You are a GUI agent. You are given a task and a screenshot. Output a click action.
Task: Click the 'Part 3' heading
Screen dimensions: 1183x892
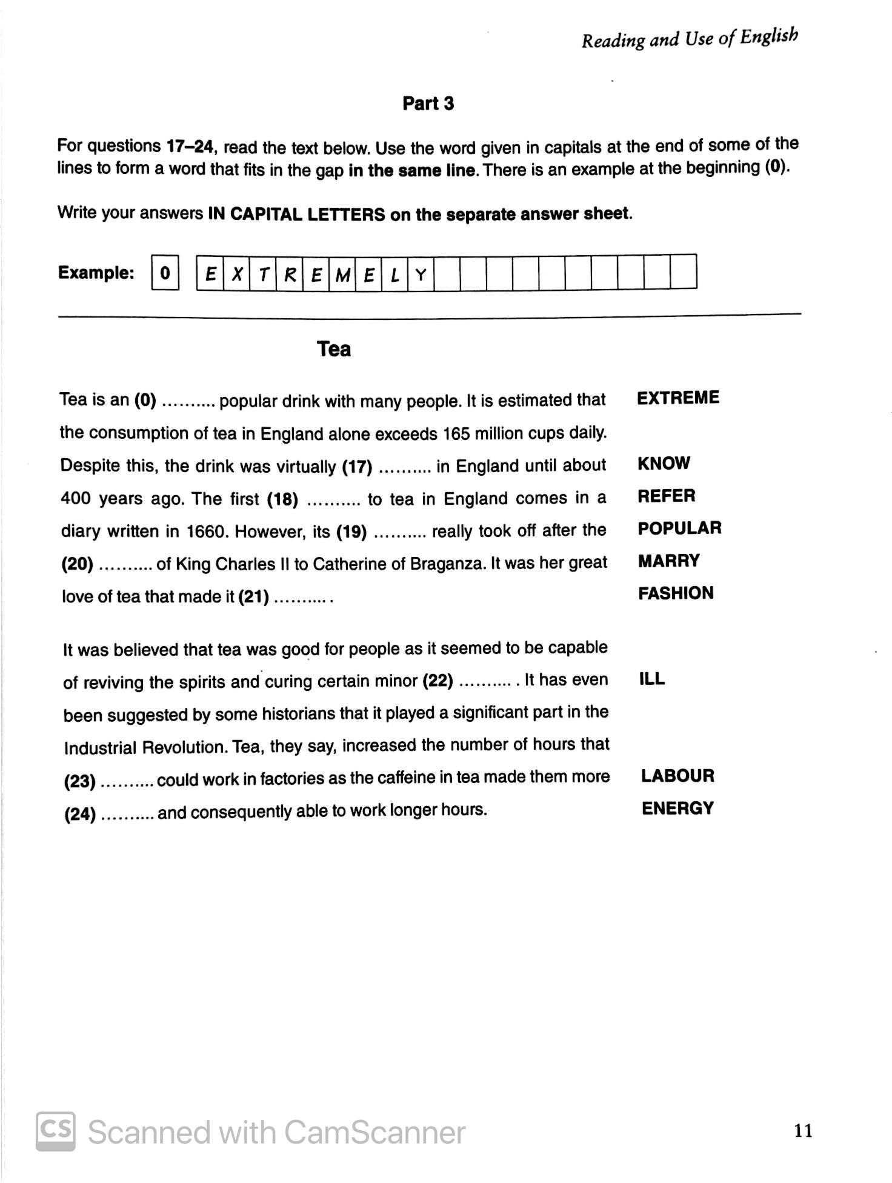pyautogui.click(x=428, y=104)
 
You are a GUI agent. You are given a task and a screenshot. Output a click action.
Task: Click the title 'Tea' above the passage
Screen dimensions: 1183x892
pyautogui.click(x=334, y=349)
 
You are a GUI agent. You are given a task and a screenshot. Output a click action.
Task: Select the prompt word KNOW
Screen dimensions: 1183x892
pyautogui.click(x=664, y=464)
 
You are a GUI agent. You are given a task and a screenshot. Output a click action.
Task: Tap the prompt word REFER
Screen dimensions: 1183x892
pyautogui.click(x=666, y=496)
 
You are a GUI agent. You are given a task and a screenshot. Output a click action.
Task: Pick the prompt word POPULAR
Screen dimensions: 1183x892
pyautogui.click(x=679, y=528)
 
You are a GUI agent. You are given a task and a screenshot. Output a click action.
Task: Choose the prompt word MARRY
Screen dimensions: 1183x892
pyautogui.click(x=668, y=561)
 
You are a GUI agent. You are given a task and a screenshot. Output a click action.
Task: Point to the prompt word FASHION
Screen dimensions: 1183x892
pyautogui.click(x=676, y=593)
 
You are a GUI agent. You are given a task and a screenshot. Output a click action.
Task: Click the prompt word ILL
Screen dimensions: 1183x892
pyautogui.click(x=652, y=679)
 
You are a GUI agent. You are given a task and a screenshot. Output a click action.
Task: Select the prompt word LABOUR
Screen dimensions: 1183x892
pyautogui.click(x=677, y=776)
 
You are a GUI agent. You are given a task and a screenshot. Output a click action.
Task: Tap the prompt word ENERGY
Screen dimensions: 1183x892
pyautogui.click(x=677, y=808)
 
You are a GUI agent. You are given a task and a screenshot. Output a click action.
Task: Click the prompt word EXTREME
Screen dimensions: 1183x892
pyautogui.click(x=678, y=398)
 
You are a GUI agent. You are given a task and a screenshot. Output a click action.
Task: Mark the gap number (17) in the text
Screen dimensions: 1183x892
pyautogui.click(x=357, y=467)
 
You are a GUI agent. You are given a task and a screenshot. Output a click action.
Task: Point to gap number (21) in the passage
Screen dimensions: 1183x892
pyautogui.click(x=253, y=598)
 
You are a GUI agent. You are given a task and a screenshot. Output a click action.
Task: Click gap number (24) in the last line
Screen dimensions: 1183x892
pyautogui.click(x=80, y=814)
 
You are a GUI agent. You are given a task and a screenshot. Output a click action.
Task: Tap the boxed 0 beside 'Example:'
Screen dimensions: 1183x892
pyautogui.click(x=165, y=274)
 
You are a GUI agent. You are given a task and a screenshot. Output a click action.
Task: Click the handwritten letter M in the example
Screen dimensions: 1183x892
pyautogui.click(x=342, y=275)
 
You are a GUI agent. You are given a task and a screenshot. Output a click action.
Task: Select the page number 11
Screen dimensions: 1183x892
pyautogui.click(x=804, y=1130)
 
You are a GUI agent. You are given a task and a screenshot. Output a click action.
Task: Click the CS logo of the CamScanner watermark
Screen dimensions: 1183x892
pyautogui.click(x=56, y=1131)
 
